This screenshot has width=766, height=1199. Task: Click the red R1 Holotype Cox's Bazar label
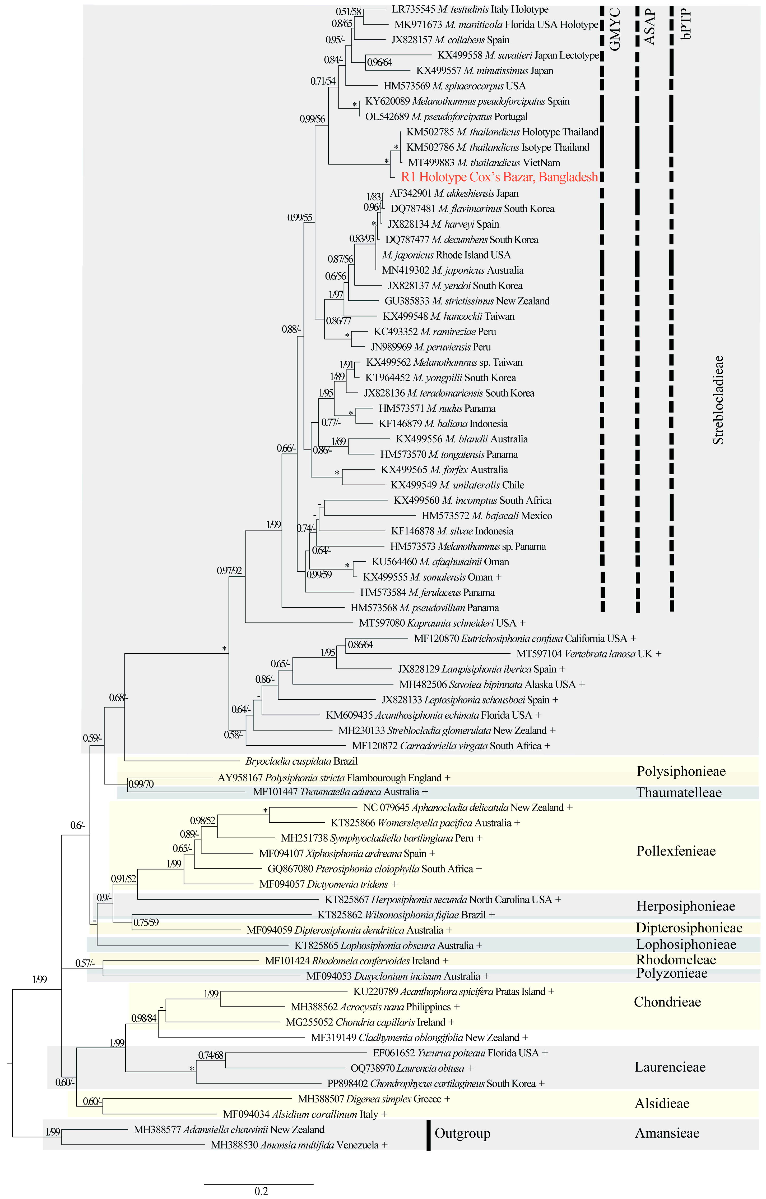499,177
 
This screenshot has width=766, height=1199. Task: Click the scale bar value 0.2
261,1191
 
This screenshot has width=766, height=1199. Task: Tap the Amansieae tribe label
667,1133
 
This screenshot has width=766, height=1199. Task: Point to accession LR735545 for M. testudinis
413,10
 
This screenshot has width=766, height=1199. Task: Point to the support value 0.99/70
141,784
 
